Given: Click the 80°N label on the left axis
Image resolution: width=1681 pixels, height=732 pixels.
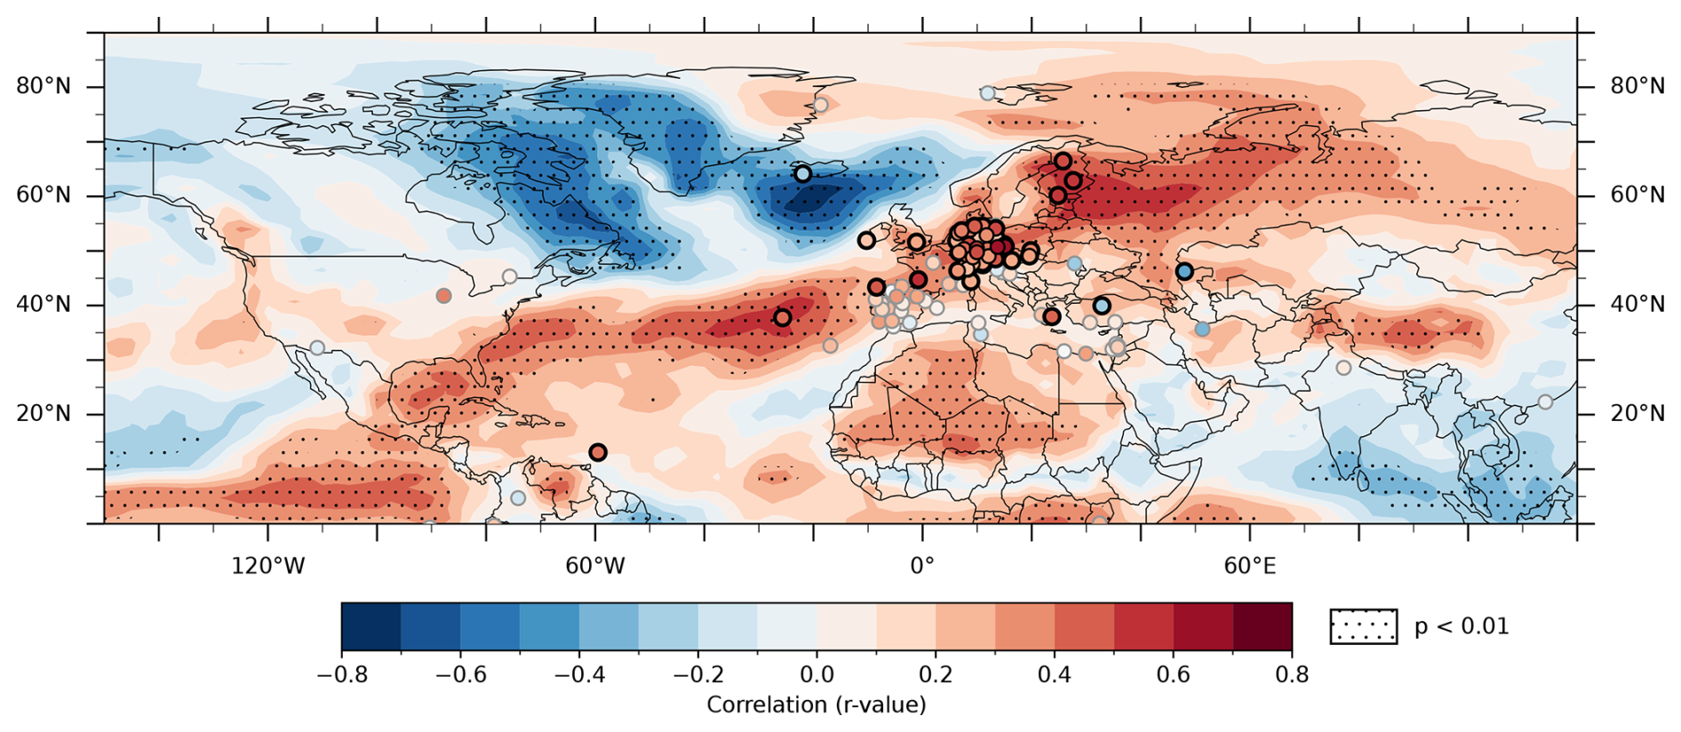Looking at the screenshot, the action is point(44,86).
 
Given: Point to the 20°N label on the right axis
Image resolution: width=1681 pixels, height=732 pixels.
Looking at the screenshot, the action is point(1637,414).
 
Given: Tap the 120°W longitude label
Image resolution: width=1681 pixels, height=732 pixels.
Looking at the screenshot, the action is point(268,566).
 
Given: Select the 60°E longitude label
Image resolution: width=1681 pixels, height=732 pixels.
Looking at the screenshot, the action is point(1250,566).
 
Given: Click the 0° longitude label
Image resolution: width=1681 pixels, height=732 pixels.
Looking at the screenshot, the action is point(922,566).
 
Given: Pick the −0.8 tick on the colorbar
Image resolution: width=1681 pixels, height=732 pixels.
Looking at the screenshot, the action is point(342,674).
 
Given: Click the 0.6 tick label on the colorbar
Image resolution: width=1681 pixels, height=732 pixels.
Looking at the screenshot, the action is point(1173,674).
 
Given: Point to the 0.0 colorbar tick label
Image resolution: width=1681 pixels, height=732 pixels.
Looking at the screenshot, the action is point(817,674).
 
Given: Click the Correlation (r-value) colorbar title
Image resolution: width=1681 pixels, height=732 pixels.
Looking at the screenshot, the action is point(817,704).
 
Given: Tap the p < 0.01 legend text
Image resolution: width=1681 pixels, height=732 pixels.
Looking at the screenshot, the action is point(1462,626).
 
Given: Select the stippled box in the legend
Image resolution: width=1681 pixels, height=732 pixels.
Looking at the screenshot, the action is point(1364,626).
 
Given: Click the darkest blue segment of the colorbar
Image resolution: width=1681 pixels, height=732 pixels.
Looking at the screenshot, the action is point(371,626).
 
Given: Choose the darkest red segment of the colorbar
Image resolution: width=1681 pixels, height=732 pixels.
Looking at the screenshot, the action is point(1263,626).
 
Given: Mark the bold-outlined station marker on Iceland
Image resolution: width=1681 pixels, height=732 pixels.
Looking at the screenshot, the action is point(802,174).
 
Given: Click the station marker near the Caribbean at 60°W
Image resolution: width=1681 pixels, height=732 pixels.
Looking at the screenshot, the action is point(598,452).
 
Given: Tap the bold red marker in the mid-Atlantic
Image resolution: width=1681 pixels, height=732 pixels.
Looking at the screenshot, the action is point(783,318).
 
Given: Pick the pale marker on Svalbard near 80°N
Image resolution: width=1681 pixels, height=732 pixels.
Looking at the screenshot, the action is point(987,93).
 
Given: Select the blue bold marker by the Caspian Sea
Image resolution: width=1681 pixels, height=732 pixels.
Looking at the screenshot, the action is point(1184,272).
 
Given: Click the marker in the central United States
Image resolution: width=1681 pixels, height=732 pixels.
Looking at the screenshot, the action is point(443,296).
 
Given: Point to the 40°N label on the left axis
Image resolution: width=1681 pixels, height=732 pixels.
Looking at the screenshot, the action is point(44,305).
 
